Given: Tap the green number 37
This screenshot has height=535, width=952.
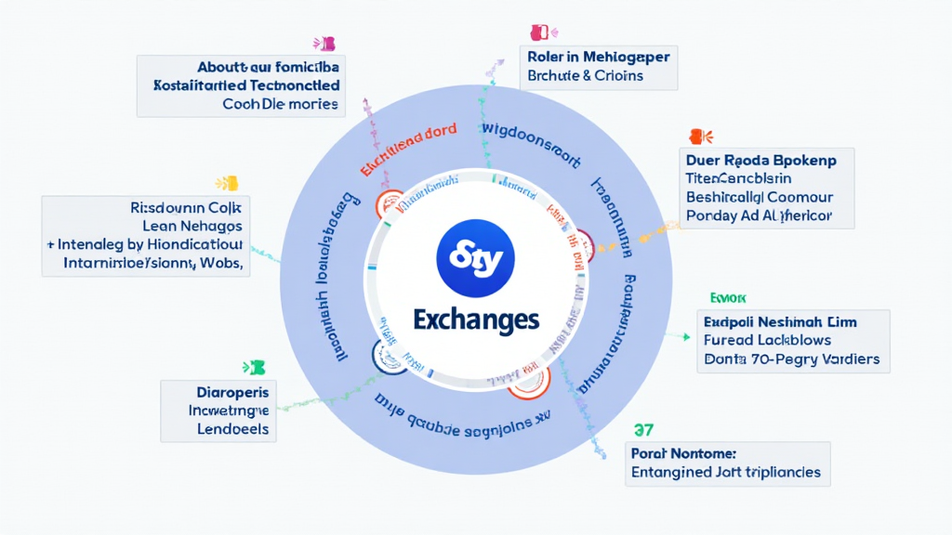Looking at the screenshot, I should (642, 430).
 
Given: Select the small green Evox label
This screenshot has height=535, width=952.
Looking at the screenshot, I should (728, 298).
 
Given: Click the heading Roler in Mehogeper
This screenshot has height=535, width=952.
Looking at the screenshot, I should (598, 57).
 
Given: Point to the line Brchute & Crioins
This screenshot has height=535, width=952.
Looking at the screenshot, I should (585, 75).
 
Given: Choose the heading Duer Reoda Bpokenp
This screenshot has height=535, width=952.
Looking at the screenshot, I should (760, 160).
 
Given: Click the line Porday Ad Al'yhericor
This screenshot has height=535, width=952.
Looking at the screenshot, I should (759, 215).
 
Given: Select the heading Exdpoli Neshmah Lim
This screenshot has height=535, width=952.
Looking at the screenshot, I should (781, 321).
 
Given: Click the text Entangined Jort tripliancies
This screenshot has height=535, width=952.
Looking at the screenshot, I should (726, 472).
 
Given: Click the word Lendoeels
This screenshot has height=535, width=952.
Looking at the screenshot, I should (232, 429).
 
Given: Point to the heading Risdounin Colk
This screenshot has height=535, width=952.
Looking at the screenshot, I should (186, 207).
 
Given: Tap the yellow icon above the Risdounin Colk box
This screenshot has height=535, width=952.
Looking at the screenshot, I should (228, 183).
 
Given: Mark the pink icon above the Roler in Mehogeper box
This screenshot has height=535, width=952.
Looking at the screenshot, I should (539, 33).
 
